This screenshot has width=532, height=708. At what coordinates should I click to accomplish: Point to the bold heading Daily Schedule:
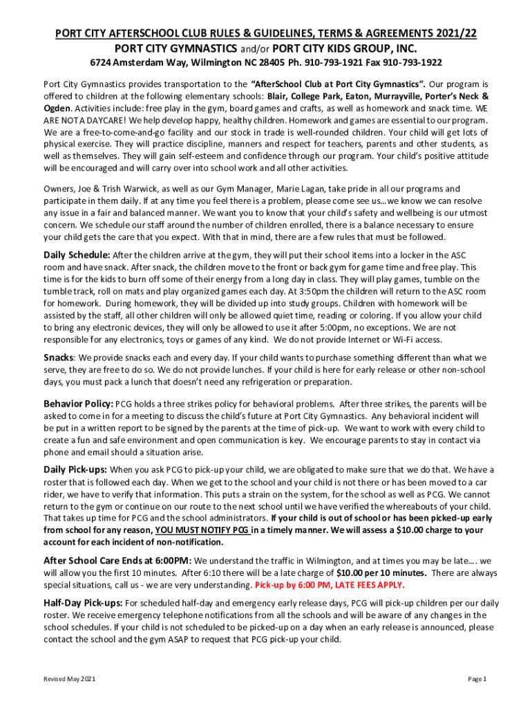pyautogui.click(x=76, y=255)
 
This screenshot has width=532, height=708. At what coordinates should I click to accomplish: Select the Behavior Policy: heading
pyautogui.click(x=78, y=404)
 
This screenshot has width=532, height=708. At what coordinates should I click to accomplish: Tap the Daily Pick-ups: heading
pyautogui.click(x=75, y=469)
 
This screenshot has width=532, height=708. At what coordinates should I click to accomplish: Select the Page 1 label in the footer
pyautogui.click(x=477, y=680)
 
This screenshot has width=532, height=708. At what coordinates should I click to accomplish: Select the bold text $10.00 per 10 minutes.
pyautogui.click(x=381, y=572)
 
